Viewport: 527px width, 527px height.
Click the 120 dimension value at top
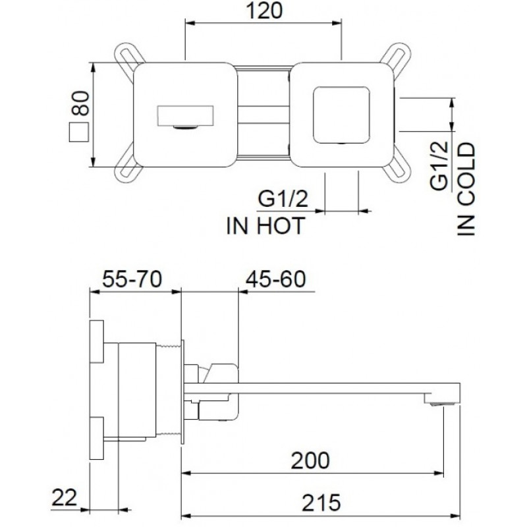[264, 11]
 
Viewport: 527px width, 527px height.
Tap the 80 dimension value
[81, 103]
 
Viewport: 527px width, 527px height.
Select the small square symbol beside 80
[79, 132]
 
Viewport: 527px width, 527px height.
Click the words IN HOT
[266, 225]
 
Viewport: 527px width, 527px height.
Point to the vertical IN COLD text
[466, 189]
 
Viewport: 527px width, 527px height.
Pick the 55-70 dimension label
[132, 279]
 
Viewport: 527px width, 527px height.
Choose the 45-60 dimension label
[275, 279]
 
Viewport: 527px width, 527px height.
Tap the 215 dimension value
[321, 503]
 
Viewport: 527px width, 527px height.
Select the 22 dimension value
[64, 497]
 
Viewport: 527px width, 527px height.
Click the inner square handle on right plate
[341, 115]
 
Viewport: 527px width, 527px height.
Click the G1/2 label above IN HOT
[283, 199]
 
